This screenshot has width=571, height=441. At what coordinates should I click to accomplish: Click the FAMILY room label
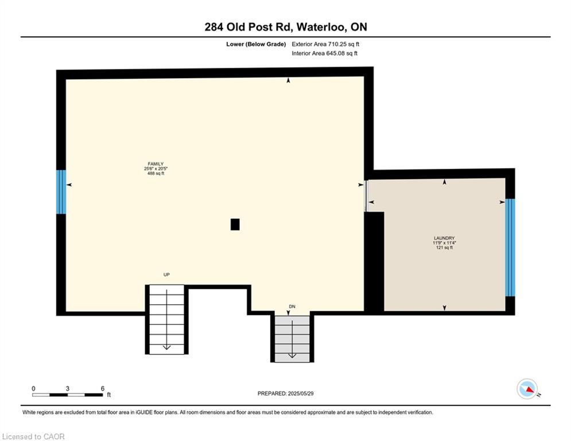[156, 164]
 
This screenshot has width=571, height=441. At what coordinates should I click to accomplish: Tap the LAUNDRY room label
[444, 238]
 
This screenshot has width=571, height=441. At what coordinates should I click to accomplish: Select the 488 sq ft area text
[156, 173]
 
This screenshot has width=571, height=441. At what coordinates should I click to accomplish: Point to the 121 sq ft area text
[444, 247]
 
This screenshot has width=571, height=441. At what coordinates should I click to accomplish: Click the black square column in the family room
[235, 225]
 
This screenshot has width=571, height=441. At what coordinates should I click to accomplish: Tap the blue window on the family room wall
[61, 192]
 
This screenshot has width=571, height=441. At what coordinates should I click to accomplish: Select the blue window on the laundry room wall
[510, 247]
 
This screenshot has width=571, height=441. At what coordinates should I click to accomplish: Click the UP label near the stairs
[166, 274]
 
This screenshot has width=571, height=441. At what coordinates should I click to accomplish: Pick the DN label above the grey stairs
[292, 307]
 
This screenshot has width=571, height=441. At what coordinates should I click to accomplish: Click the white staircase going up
[167, 319]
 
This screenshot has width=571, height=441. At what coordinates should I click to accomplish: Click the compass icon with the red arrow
[527, 389]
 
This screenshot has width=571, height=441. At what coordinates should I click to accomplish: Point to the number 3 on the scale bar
[67, 389]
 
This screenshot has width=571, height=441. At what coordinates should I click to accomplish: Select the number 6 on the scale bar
[103, 389]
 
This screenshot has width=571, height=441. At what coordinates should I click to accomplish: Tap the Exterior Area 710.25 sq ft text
[325, 44]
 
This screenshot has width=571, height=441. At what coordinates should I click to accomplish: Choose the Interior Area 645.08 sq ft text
[324, 53]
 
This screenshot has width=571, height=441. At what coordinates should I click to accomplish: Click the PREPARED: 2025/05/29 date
[286, 393]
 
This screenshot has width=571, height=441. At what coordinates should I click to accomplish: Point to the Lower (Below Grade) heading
[256, 44]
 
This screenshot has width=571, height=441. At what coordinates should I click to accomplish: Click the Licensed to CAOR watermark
[33, 436]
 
